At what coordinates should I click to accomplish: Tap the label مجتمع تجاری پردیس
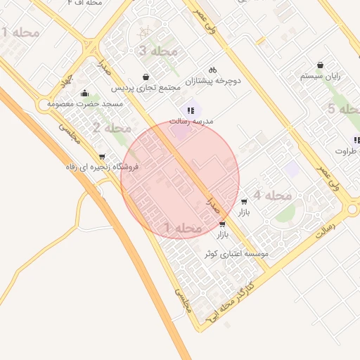141,88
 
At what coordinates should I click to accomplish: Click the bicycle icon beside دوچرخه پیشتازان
212,70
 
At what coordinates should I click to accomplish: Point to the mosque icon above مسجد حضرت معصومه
85,93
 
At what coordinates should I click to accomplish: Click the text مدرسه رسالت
191,121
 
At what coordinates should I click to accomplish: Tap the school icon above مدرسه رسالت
191,110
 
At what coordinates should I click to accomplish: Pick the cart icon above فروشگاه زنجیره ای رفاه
103,157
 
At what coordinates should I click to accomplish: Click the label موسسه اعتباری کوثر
236,253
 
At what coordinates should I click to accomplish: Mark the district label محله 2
112,128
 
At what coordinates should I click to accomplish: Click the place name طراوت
347,150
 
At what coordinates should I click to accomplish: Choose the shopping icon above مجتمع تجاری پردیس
146,77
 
